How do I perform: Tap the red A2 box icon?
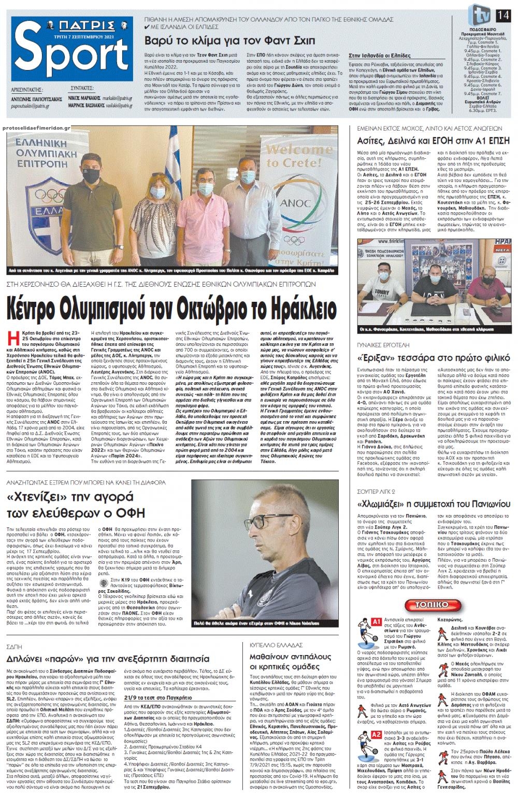pos(376,735)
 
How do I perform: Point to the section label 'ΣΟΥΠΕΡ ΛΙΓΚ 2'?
pos(376,491)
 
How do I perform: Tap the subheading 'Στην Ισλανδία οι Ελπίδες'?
pos(379,54)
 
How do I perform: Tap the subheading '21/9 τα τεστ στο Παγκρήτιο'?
pos(158,698)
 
